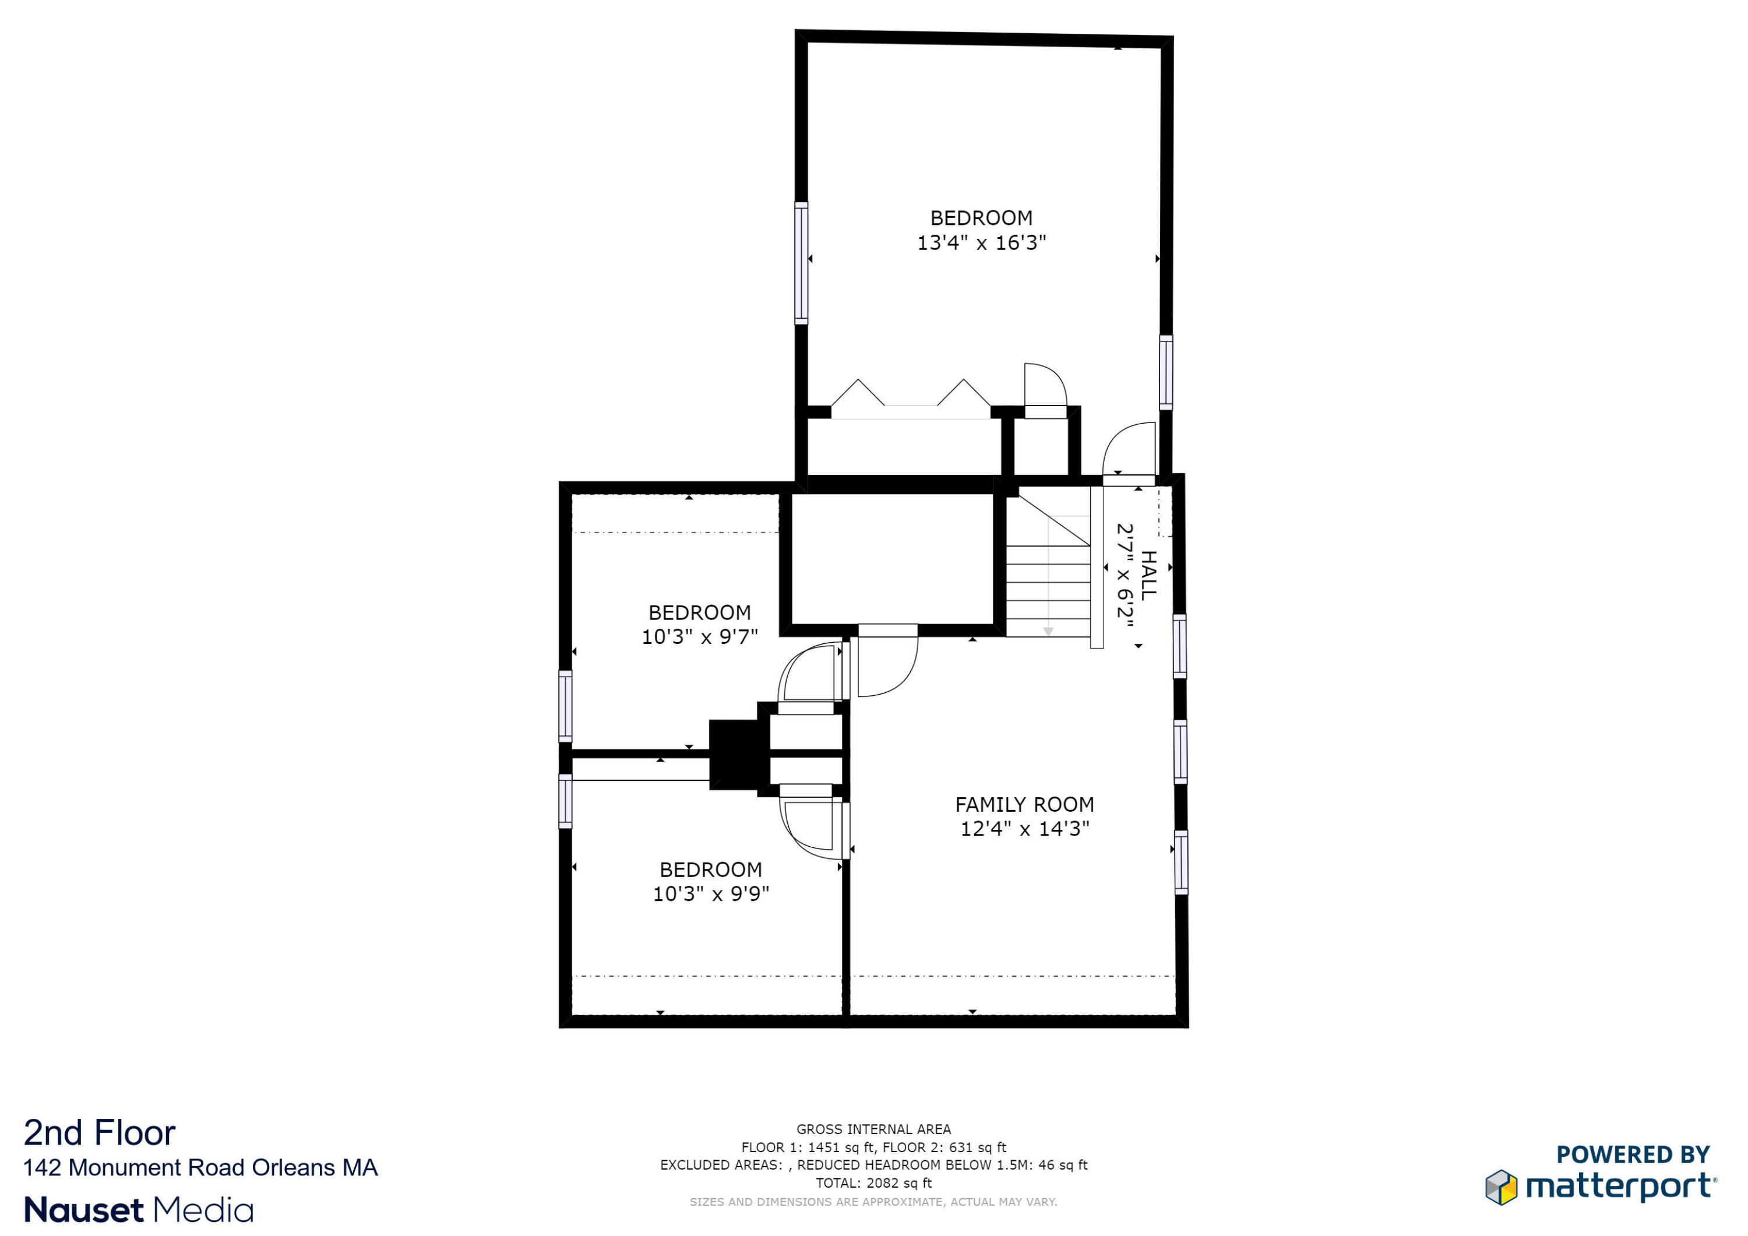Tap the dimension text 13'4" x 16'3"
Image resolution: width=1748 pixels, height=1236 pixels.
(981, 243)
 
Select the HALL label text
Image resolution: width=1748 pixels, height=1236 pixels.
(1148, 575)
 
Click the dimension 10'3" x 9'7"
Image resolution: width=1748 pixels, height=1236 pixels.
(700, 638)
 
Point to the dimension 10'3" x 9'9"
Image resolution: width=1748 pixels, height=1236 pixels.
(710, 894)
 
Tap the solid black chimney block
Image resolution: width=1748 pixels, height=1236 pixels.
(732, 754)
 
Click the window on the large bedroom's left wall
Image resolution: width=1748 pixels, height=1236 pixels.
(801, 263)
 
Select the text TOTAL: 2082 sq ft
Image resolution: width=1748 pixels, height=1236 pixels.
(873, 1183)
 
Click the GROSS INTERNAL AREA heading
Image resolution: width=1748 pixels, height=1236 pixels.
(873, 1129)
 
